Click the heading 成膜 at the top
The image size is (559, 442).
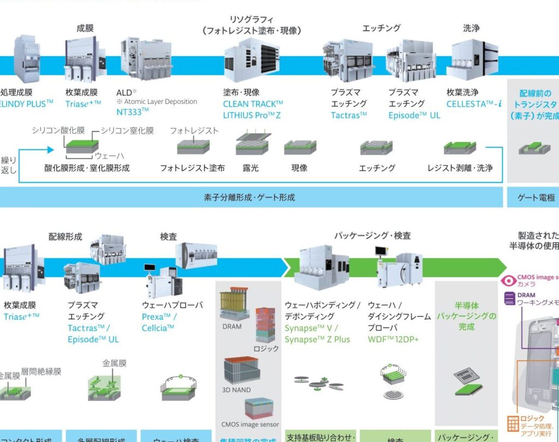coord(85,27)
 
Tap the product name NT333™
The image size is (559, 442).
coord(133,112)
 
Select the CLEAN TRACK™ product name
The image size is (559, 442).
coord(253,104)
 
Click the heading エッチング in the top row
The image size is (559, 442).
coord(381,28)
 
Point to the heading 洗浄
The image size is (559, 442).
coord(471,28)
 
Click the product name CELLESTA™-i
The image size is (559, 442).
coord(473,104)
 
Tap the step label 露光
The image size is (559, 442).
coord(251,168)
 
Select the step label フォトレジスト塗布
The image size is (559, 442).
coord(192,168)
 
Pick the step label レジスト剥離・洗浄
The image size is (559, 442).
coord(460,168)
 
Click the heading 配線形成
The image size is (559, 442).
coord(66,237)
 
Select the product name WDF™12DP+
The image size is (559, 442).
coord(393,339)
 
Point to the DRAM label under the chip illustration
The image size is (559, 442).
coord(232,327)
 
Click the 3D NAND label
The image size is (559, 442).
coord(236,390)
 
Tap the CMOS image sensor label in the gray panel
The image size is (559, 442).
coord(250,425)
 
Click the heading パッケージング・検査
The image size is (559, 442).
coord(372,236)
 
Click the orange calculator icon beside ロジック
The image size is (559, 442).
coord(513,423)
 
